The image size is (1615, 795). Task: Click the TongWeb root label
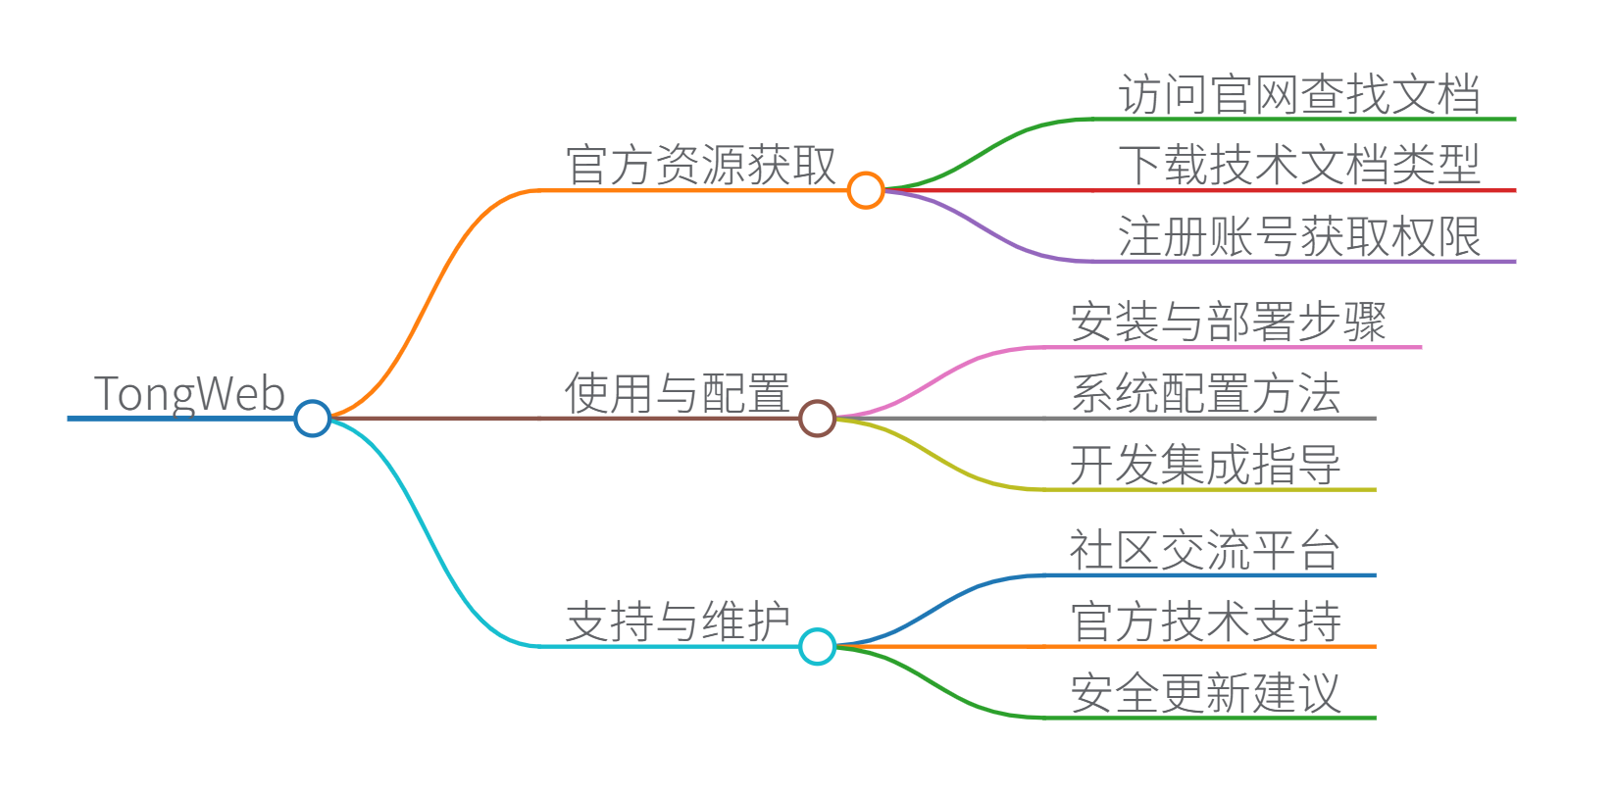pyautogui.click(x=189, y=394)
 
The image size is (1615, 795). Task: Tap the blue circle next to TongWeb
pyautogui.click(x=313, y=419)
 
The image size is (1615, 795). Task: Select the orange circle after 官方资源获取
pyautogui.click(x=866, y=190)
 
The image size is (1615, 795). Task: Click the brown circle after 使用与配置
pyautogui.click(x=817, y=419)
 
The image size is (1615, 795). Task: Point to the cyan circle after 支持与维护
pyautogui.click(x=817, y=647)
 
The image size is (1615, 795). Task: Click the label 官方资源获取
pyautogui.click(x=701, y=165)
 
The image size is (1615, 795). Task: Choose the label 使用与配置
pyautogui.click(x=678, y=393)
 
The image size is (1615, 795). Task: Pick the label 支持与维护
pyautogui.click(x=678, y=621)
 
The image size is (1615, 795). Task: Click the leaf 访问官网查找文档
pyautogui.click(x=1299, y=94)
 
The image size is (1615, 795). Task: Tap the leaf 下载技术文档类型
pyautogui.click(x=1299, y=165)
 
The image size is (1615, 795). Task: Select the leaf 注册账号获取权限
pyautogui.click(x=1299, y=236)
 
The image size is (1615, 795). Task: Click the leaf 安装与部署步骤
pyautogui.click(x=1229, y=322)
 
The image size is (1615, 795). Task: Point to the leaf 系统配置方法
pyautogui.click(x=1206, y=393)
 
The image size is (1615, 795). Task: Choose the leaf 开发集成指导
pyautogui.click(x=1206, y=465)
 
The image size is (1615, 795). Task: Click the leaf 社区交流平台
pyautogui.click(x=1206, y=550)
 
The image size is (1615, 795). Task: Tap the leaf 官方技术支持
pyautogui.click(x=1206, y=621)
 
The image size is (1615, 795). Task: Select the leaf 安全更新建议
pyautogui.click(x=1206, y=693)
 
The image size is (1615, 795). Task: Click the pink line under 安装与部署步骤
pyautogui.click(x=1236, y=347)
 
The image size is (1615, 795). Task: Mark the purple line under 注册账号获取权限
pyautogui.click(x=1304, y=262)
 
